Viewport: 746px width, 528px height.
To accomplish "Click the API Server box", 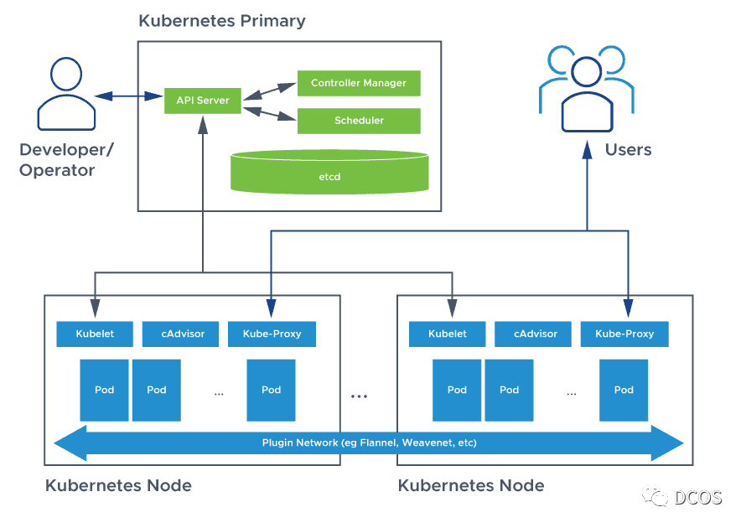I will tap(202, 101).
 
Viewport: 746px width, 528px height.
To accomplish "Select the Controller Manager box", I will tap(359, 83).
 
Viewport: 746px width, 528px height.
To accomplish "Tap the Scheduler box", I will tap(359, 121).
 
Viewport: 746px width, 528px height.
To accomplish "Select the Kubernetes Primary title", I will tap(222, 21).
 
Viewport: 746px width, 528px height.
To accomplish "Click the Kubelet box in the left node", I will tap(94, 334).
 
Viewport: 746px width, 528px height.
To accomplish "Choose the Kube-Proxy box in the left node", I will tap(271, 334).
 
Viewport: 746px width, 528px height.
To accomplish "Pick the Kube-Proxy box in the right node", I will tap(624, 334).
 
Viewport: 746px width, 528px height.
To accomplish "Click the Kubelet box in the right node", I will tap(447, 334).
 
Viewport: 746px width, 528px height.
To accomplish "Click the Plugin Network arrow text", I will tap(369, 443).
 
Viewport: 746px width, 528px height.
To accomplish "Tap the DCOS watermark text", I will tap(697, 497).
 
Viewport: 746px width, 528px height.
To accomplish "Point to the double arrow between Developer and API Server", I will tap(127, 96).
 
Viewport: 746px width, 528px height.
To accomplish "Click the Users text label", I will tap(628, 150).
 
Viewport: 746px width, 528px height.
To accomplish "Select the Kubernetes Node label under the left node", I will tap(118, 485).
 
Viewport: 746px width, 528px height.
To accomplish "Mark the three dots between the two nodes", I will tap(360, 396).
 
